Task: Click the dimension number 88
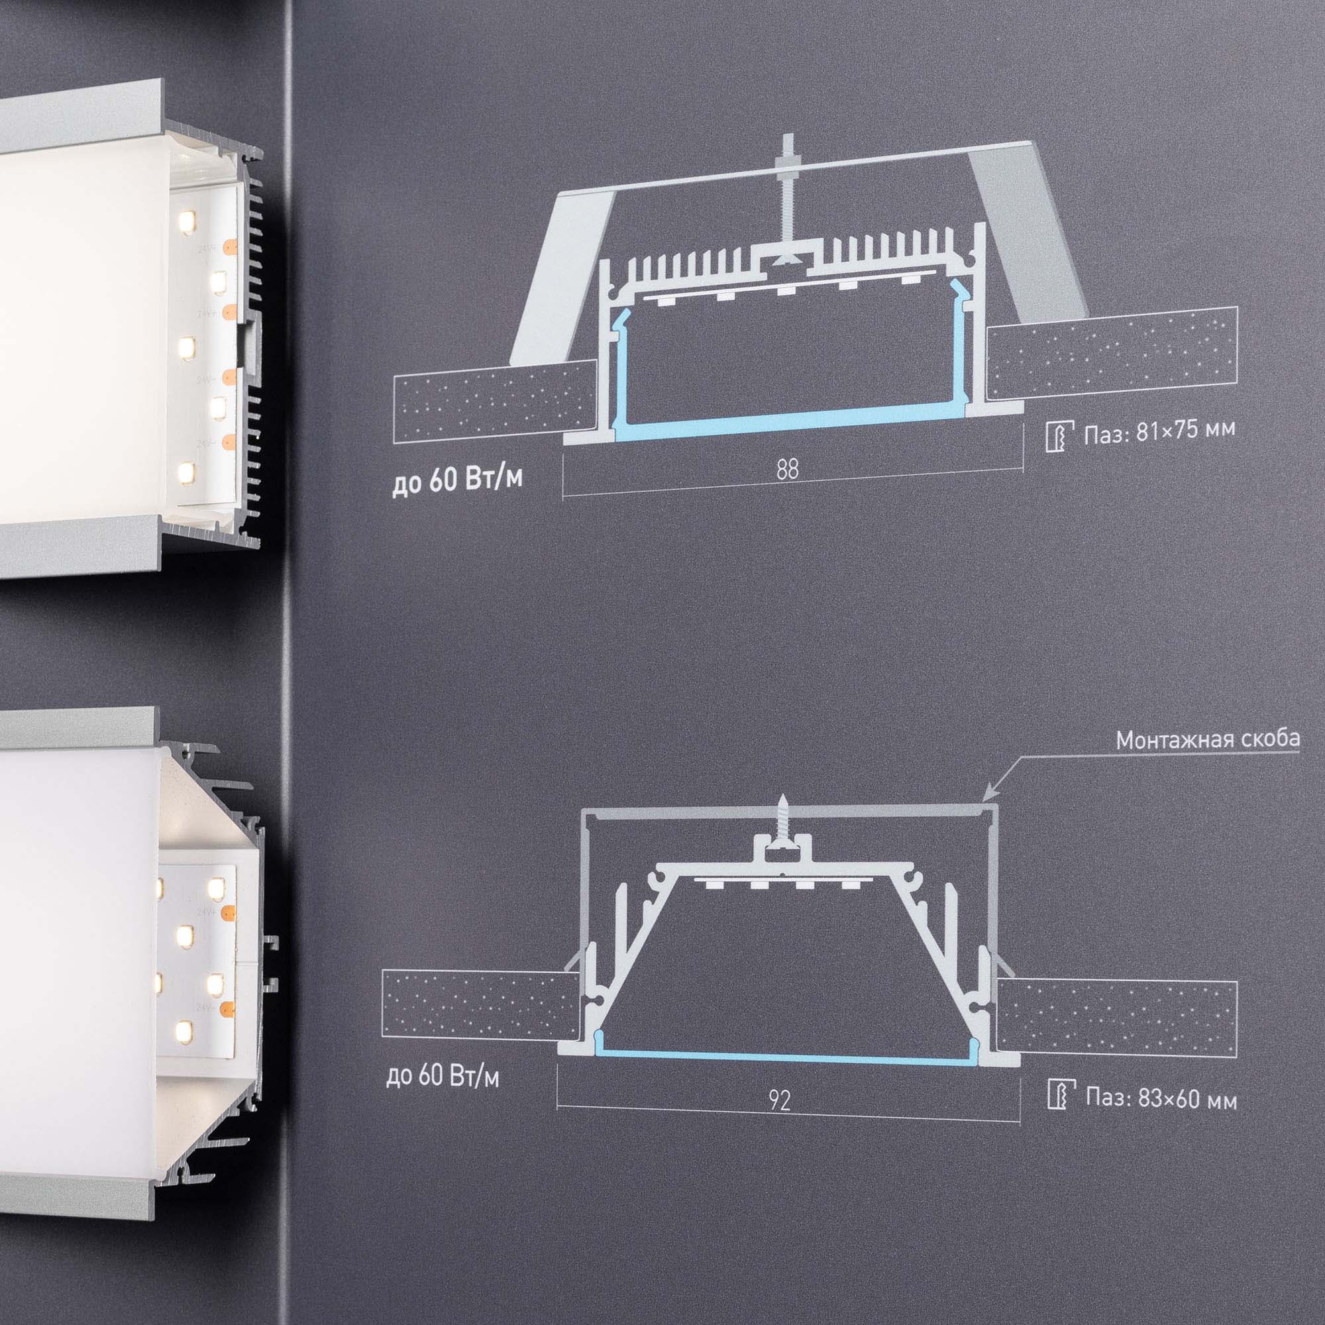pyautogui.click(x=788, y=470)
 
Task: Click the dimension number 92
pyautogui.click(x=780, y=1100)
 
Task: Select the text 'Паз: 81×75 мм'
pyautogui.click(x=1159, y=433)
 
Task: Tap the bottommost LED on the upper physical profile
pyautogui.click(x=185, y=471)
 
